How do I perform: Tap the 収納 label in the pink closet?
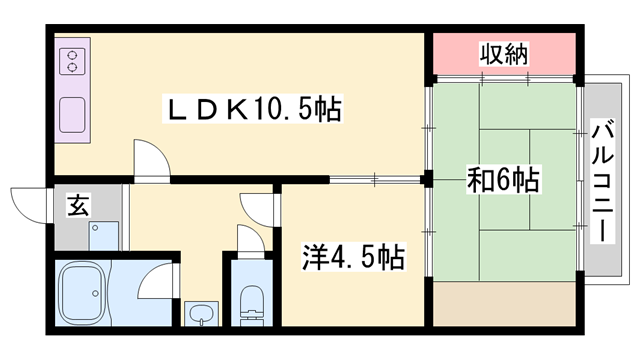(502, 52)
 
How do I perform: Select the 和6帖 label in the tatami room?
(504, 180)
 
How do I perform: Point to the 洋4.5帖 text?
(354, 258)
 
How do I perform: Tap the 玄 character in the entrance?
(76, 207)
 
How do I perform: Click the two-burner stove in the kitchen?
(72, 62)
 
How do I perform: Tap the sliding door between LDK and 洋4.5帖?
(375, 180)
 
